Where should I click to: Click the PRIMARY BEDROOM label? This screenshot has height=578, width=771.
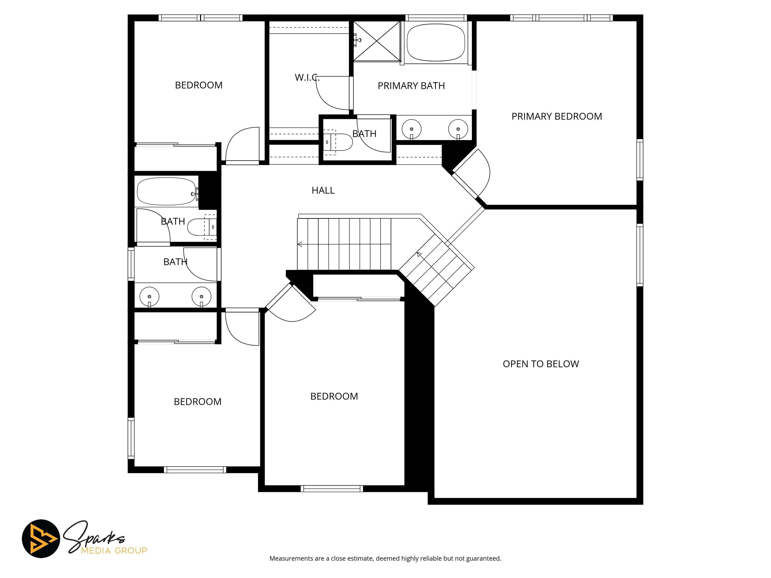(557, 116)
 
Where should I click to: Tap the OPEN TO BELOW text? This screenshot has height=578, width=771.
(541, 364)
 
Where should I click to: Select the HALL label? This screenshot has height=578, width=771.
(323, 190)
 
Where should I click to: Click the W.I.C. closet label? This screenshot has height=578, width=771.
(307, 77)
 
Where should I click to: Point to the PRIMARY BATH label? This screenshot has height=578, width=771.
(411, 86)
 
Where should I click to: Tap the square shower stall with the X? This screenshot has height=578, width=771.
(377, 41)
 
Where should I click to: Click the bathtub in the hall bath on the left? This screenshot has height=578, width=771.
(167, 192)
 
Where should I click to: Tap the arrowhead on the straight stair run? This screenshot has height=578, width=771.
(299, 244)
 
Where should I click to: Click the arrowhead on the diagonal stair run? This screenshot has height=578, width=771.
(419, 254)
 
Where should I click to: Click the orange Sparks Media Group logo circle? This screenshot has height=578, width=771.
(41, 539)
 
